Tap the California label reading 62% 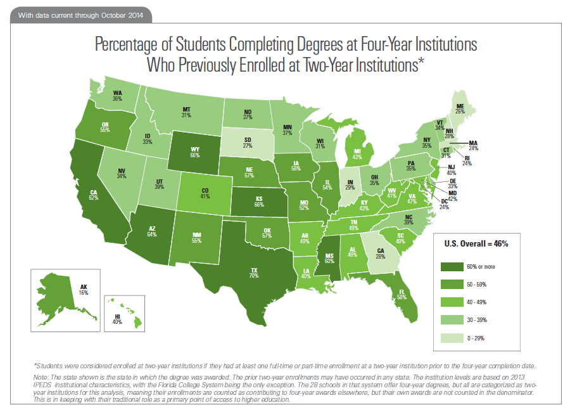pos(93,195)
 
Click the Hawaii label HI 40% pos(117,318)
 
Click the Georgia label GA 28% pos(381,254)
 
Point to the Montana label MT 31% pos(186,112)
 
